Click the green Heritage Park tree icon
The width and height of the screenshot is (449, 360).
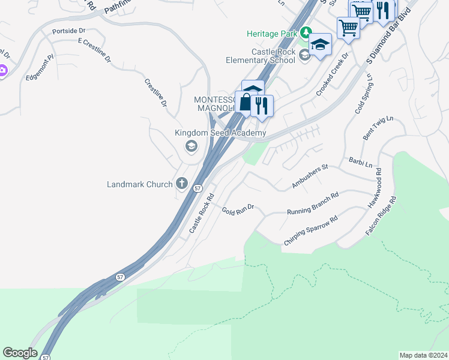point(306,32)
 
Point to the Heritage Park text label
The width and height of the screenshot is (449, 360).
point(272,34)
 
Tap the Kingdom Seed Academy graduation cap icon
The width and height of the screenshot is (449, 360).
point(191,146)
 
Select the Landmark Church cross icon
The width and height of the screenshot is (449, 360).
point(181,184)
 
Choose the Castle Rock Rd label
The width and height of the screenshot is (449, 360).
point(202,213)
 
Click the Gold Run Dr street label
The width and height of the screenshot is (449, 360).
point(238,209)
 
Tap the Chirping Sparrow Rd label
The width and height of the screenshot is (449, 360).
point(310,230)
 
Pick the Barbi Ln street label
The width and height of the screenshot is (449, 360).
point(361,162)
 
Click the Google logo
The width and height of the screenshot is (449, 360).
point(20,353)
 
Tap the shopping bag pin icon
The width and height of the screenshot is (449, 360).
point(245,102)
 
